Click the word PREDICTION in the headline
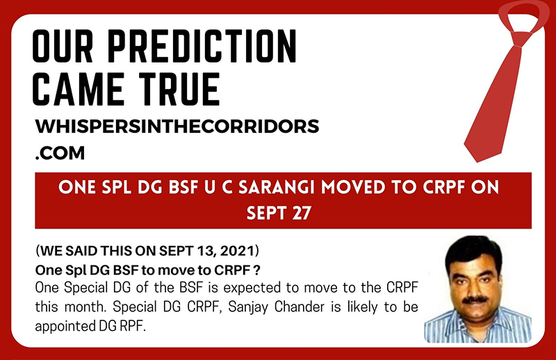pyautogui.click(x=202, y=47)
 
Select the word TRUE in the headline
pyautogui.click(x=179, y=89)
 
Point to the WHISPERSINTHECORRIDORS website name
pyautogui.click(x=177, y=126)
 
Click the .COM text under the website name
pyautogui.click(x=60, y=153)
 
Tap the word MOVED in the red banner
pyautogui.click(x=353, y=187)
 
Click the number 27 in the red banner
pyautogui.click(x=302, y=213)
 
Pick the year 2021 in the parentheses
pyautogui.click(x=237, y=251)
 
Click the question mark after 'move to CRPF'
pyautogui.click(x=257, y=270)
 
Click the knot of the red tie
pyautogui.click(x=521, y=40)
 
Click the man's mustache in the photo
pyautogui.click(x=475, y=300)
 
